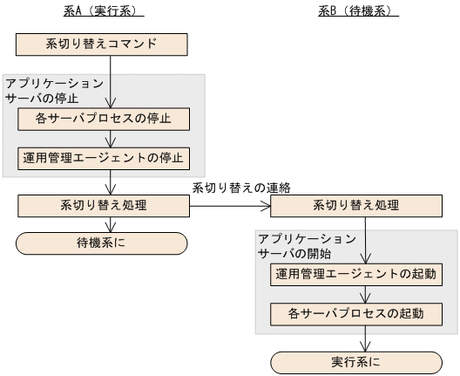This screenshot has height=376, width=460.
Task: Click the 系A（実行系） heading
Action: point(104,11)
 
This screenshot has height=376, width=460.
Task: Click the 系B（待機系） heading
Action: point(357,11)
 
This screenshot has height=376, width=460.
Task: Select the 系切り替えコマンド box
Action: point(104,43)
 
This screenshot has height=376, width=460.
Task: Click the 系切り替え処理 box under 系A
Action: point(104,206)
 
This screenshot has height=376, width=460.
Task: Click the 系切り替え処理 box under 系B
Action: point(356,206)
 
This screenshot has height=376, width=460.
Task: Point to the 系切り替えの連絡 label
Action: point(240,187)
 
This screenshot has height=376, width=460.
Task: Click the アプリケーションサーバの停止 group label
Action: point(52,90)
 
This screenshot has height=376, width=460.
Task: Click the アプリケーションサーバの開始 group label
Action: point(306,245)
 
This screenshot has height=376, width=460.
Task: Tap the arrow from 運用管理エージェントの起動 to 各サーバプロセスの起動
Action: point(365,294)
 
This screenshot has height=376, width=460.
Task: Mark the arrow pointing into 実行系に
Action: point(365,341)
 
